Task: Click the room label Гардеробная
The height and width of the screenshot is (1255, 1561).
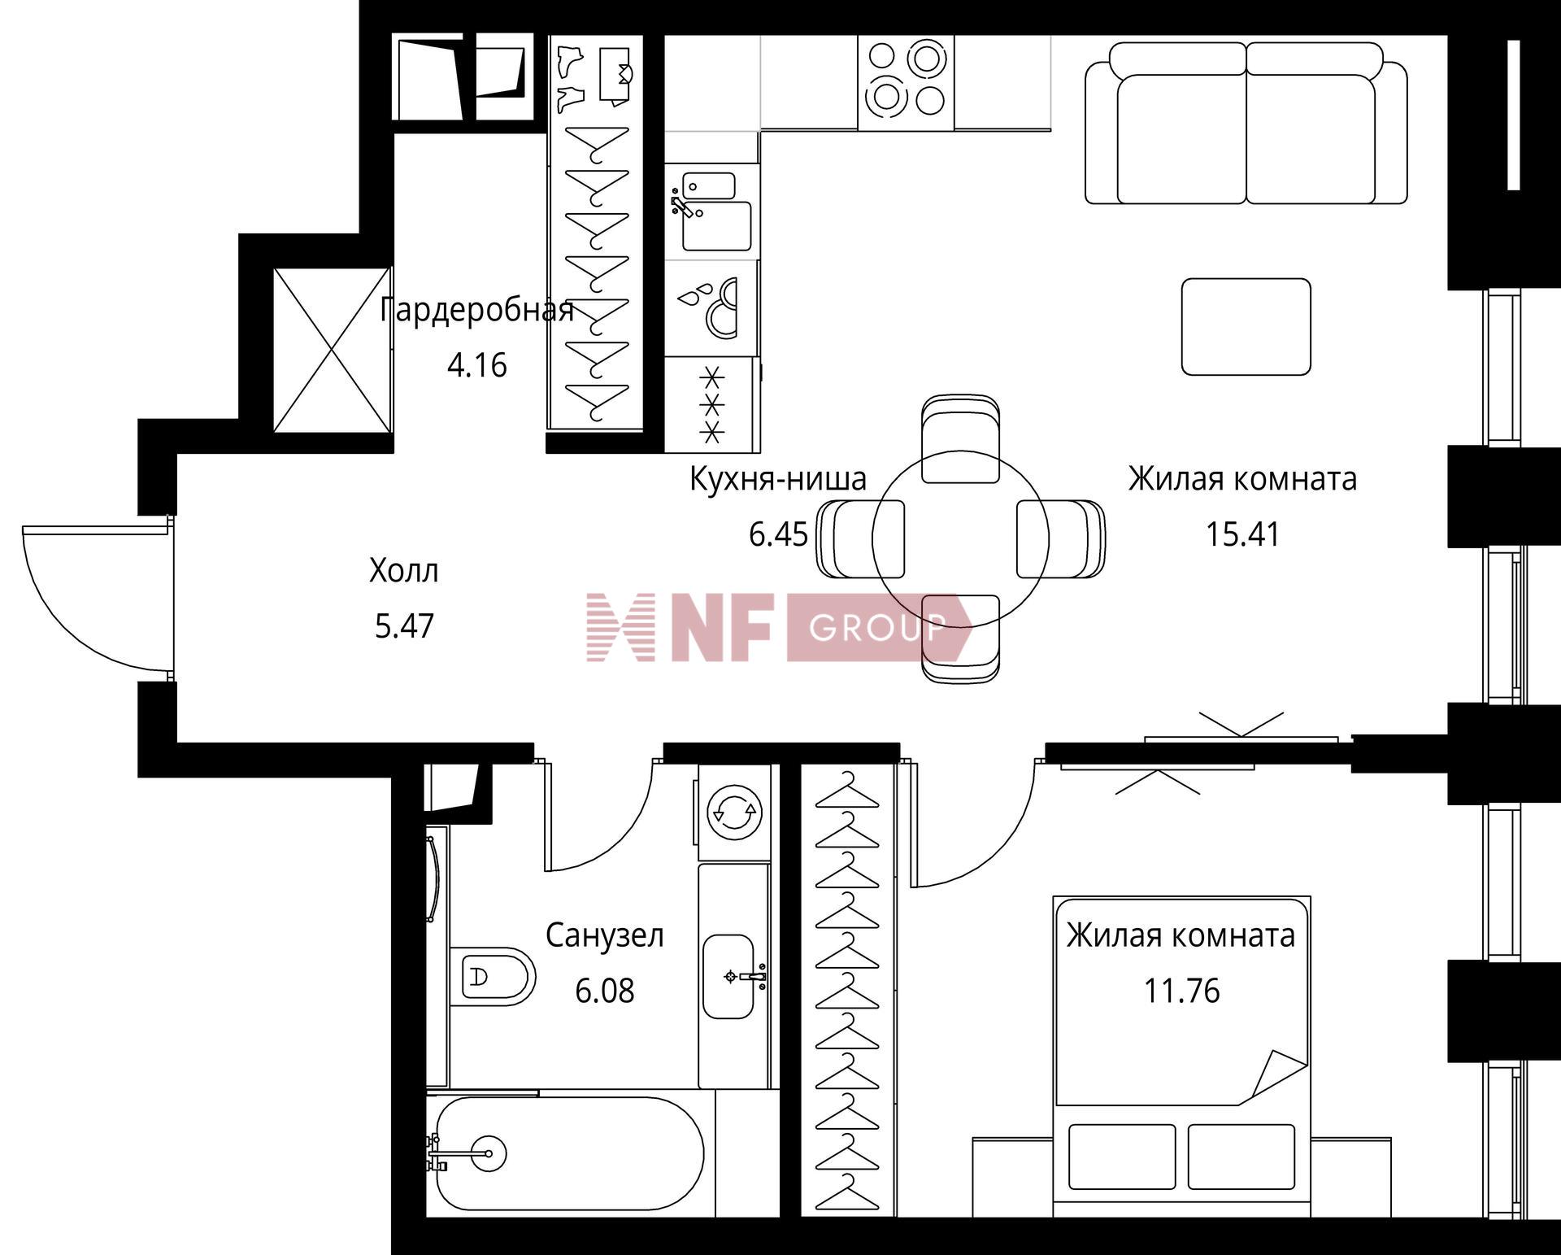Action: (476, 311)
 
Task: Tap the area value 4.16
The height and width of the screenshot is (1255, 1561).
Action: (477, 365)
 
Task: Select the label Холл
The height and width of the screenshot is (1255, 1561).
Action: (404, 571)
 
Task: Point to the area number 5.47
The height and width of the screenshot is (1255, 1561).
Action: (405, 626)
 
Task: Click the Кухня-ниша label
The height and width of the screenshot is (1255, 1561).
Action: (778, 479)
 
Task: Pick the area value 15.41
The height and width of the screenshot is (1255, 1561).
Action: (1242, 534)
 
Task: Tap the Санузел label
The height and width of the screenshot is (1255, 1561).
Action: (605, 935)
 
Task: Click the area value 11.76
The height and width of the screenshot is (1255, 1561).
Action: (1182, 991)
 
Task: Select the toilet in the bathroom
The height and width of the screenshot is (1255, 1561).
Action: (492, 976)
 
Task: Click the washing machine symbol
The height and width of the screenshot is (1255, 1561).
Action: (733, 811)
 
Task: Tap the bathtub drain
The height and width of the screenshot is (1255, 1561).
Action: (488, 1153)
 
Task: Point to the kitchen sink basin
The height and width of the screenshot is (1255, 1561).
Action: (716, 226)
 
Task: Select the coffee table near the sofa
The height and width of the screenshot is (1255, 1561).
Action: (1246, 327)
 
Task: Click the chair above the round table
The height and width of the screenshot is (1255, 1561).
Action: (960, 439)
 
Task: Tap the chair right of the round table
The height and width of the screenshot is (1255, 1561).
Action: (1060, 538)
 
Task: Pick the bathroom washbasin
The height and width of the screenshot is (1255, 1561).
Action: (728, 976)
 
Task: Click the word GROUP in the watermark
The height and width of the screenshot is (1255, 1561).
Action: (878, 627)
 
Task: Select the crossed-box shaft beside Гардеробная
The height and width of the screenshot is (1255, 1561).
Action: (332, 350)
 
